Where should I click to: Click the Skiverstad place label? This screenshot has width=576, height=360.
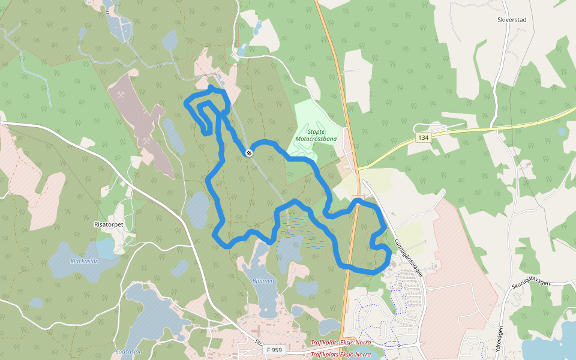click(511, 20)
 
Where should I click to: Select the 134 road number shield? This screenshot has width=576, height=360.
click(424, 138)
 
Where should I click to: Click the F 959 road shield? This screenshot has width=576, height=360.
click(274, 350)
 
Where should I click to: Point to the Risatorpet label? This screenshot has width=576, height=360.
click(109, 224)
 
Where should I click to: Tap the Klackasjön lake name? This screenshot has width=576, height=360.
click(84, 261)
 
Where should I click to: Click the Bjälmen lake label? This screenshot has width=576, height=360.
click(263, 280)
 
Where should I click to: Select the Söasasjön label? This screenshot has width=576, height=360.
click(128, 352)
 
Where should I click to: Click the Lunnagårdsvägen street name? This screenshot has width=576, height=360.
click(409, 258)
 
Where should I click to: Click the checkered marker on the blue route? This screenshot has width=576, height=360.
click(248, 153)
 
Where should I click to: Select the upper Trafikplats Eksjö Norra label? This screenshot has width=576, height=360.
click(340, 343)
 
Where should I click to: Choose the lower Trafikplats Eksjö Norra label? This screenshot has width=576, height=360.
click(340, 355)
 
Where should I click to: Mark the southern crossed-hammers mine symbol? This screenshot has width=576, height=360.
click(146, 141)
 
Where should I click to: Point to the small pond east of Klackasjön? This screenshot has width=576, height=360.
click(179, 268)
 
